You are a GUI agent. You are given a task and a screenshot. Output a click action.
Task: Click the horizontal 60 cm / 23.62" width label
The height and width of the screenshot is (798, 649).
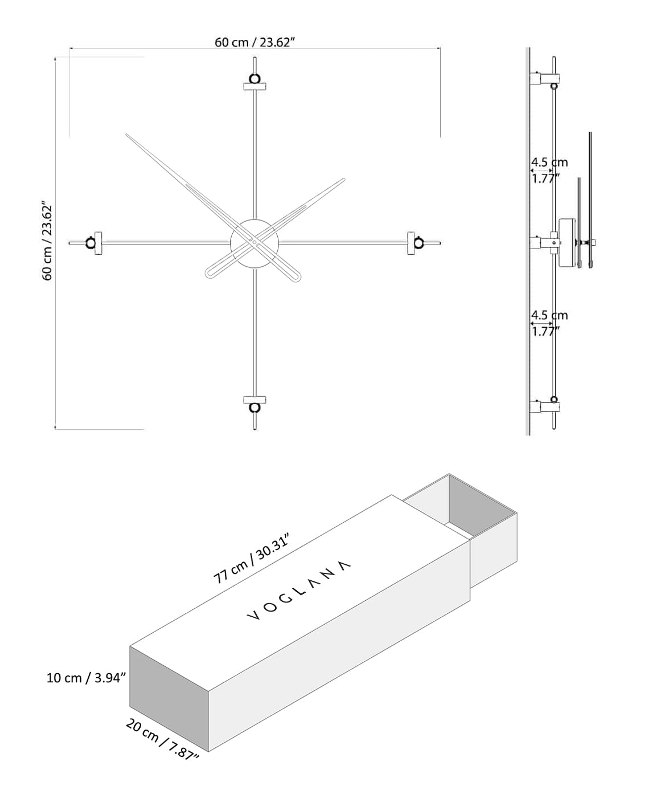pos(254,42)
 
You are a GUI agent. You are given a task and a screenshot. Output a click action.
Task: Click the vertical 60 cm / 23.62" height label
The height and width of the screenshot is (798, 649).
pos(47,240)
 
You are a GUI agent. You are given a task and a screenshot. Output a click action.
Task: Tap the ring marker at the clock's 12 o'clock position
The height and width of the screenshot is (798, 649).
pos(254,78)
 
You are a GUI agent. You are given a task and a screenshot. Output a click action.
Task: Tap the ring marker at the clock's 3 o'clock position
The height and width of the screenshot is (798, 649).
pos(419,243)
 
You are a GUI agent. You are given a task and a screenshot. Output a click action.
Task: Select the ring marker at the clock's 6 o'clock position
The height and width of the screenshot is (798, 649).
pos(254,408)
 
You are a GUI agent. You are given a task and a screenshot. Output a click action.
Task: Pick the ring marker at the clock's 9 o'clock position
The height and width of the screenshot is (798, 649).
pos(91,243)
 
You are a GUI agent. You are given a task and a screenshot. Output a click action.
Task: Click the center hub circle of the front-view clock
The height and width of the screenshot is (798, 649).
pos(254,243)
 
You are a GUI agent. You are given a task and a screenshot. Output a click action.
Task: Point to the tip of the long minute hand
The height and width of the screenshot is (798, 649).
pos(128,136)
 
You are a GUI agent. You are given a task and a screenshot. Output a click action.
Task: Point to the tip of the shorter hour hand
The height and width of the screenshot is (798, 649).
pos(343,180)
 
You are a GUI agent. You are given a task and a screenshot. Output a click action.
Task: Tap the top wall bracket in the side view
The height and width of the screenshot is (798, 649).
pos(545,78)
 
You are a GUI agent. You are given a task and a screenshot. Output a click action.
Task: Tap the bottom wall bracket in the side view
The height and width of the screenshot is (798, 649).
pos(545,406)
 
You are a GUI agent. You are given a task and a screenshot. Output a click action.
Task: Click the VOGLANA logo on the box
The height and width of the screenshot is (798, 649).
pos(299,591)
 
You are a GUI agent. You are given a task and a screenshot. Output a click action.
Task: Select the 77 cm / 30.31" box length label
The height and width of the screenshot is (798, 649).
pos(252,559)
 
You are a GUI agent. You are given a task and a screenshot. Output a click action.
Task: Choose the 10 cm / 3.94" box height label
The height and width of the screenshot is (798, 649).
pos(86,678)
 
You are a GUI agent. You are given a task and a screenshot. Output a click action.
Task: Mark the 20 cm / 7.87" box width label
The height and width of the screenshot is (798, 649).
pos(162,739)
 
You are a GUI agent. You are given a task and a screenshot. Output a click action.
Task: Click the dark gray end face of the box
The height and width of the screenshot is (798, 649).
pos(170,699)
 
